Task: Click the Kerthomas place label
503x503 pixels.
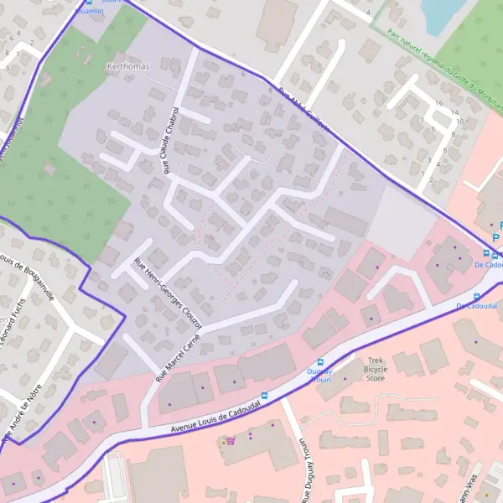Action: click(127, 66)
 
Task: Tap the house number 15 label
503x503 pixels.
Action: click(324, 274)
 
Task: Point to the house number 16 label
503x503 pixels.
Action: click(439, 102)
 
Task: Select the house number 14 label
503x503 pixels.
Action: click(454, 111)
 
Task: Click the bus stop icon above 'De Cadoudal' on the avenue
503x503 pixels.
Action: click(477, 297)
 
